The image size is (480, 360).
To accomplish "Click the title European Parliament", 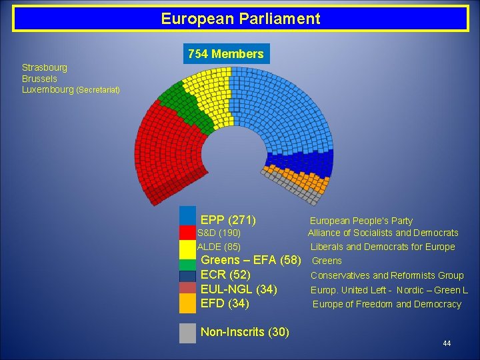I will click(x=240, y=19).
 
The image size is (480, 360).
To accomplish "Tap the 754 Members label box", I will click(x=226, y=54).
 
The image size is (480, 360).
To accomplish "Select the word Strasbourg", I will click(x=45, y=67).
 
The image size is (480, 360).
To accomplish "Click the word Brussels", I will click(x=39, y=78).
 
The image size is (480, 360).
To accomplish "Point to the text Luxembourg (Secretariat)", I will click(x=71, y=89).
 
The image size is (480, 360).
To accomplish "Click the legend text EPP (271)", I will click(x=228, y=220).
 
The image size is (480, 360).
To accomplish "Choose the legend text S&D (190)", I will click(x=219, y=233).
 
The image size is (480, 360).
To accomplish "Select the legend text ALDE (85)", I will click(x=219, y=247).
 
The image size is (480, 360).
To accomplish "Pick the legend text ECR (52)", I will click(x=225, y=275).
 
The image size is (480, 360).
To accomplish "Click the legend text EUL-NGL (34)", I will click(x=239, y=289).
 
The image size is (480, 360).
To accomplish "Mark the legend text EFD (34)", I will click(x=225, y=304).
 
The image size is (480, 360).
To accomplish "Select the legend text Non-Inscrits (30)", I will click(x=245, y=332).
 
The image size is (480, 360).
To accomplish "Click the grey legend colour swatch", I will click(x=188, y=332).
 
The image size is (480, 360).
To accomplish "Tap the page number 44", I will click(x=447, y=343).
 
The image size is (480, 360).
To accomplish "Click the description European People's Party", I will click(x=361, y=221).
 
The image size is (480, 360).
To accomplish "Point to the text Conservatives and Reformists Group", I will click(x=387, y=275).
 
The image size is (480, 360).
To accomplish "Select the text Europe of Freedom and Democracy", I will click(x=387, y=305).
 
